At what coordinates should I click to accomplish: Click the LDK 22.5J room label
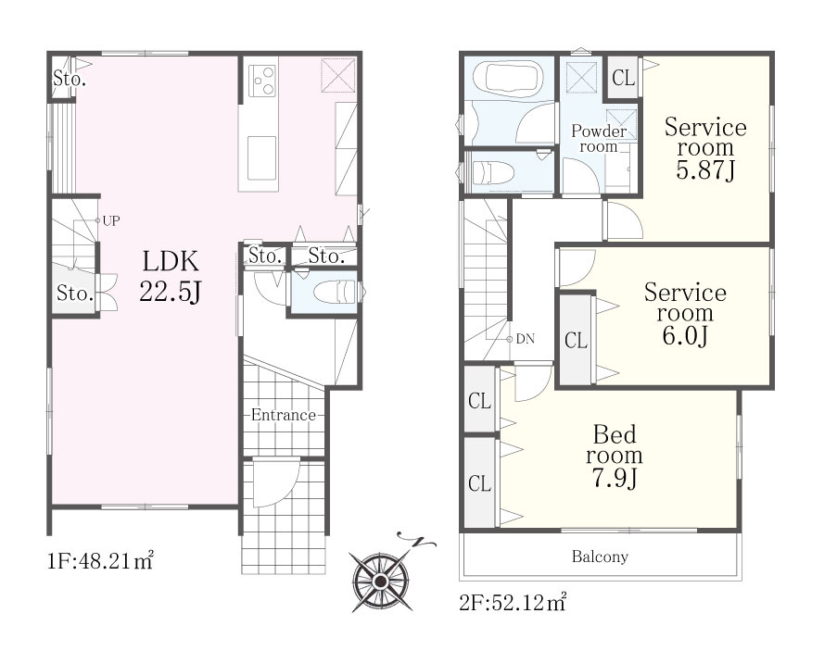[170, 276]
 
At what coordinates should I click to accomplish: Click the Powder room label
[599, 138]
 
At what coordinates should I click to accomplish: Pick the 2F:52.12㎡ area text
[513, 602]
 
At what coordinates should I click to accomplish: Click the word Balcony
[600, 557]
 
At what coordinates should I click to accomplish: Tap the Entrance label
[284, 415]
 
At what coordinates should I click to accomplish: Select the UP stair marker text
[111, 220]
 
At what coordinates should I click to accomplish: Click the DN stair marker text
[526, 339]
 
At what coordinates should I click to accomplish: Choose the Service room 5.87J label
[705, 148]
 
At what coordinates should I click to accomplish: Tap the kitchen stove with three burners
[262, 81]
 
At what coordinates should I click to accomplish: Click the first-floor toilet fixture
[334, 292]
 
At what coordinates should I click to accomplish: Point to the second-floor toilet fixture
[493, 173]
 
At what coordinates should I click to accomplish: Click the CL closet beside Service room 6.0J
[576, 340]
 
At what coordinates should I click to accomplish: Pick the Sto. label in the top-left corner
[70, 80]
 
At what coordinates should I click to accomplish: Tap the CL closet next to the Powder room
[624, 78]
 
